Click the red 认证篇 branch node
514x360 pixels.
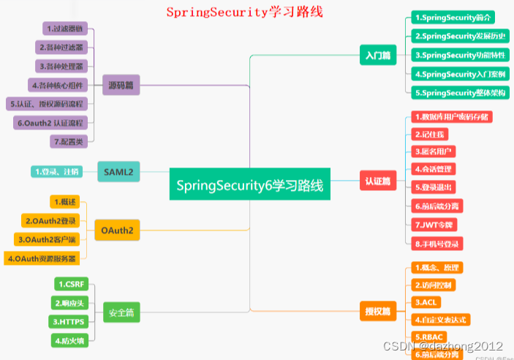click(x=378, y=179)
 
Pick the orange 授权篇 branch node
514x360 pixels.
click(x=378, y=311)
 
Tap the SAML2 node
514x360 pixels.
click(x=118, y=171)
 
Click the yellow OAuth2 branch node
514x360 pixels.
click(x=117, y=230)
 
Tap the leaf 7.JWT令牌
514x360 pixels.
click(x=434, y=225)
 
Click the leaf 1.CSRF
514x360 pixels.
click(x=72, y=284)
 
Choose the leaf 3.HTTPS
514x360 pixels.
click(x=69, y=321)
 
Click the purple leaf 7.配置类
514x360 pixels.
click(x=69, y=140)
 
